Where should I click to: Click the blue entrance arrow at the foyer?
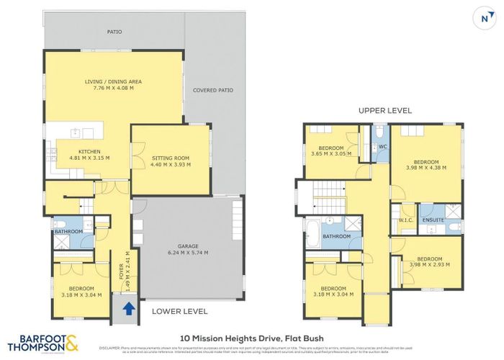coord(128,309)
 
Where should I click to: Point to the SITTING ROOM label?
coord(171,157)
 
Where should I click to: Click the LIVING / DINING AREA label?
coord(113,82)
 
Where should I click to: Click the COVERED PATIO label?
coord(210,91)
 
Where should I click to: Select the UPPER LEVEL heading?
coord(385,111)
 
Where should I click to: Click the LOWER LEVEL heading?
coord(179,312)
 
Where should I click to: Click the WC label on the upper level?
coord(382,147)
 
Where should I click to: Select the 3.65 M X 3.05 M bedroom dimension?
coord(331,153)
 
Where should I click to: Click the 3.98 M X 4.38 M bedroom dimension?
coord(426,168)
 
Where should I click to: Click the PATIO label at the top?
coord(113,32)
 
